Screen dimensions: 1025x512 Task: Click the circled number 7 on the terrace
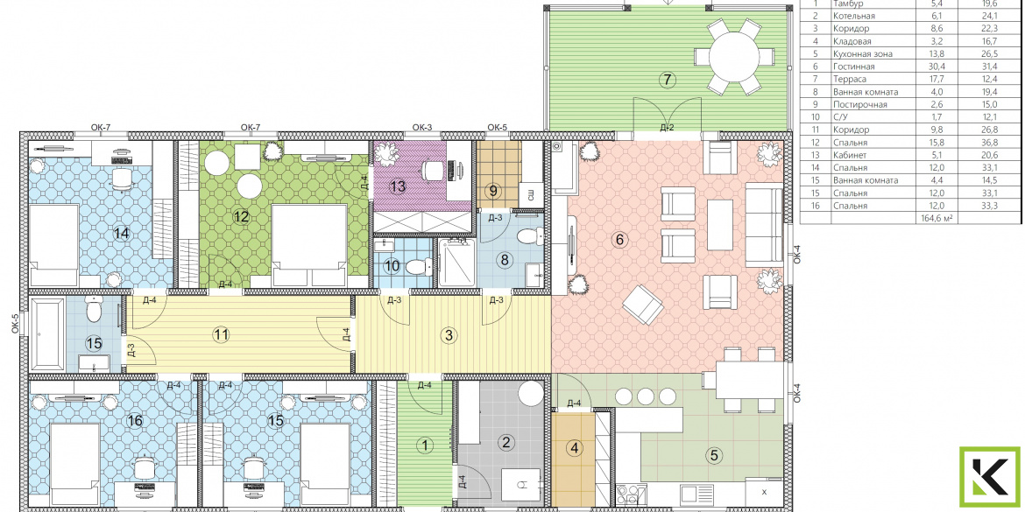(666, 81)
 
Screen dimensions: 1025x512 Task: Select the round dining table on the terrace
(735, 56)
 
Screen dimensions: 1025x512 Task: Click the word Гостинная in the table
(854, 67)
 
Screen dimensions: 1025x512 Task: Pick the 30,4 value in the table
(930, 67)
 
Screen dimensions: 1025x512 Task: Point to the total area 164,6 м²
(936, 218)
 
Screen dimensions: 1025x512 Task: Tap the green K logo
(989, 476)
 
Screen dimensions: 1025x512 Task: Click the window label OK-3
(421, 127)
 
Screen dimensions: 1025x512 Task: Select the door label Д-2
(667, 127)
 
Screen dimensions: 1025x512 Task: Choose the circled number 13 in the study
(398, 186)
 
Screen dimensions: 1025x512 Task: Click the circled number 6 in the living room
(619, 240)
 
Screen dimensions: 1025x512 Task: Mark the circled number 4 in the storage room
(575, 449)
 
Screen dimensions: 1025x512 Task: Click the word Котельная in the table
(854, 17)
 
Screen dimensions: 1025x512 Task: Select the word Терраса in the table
(850, 79)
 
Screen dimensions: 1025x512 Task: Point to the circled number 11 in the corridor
(222, 335)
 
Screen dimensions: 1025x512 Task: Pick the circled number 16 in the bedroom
(135, 421)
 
